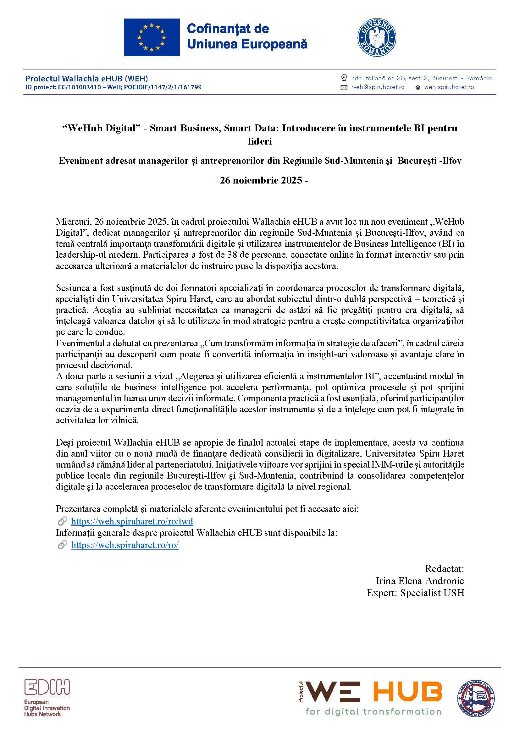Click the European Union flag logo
152,37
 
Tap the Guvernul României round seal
377,37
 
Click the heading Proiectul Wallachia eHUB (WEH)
86,79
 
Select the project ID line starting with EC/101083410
113,87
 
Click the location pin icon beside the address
344,78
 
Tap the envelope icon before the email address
344,87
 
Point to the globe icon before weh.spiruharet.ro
418,88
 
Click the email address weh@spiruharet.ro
378,87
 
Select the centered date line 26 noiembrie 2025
260,180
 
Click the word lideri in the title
260,141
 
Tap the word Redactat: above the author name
444,568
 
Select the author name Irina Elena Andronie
419,581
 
